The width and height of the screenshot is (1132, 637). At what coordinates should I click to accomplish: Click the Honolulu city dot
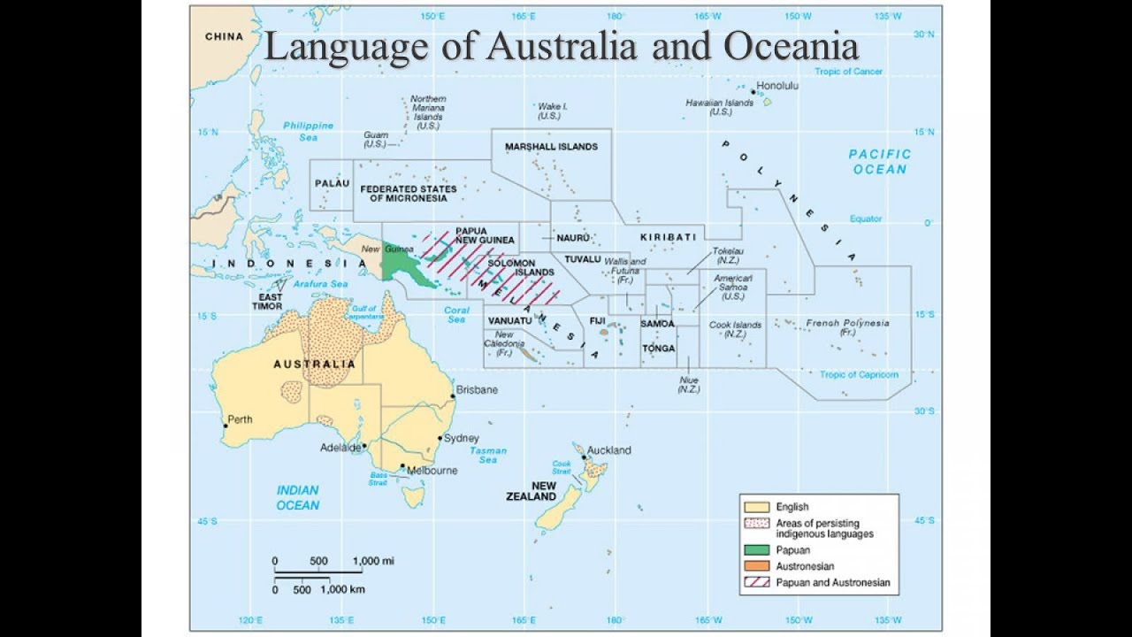[x=753, y=91]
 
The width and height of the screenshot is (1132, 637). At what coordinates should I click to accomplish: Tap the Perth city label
[x=240, y=419]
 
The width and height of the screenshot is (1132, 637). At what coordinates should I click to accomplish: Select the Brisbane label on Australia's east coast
[x=477, y=389]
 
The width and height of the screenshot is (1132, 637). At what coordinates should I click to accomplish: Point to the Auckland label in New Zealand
[x=608, y=449]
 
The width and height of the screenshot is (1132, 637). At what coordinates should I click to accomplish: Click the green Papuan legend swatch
[x=756, y=550]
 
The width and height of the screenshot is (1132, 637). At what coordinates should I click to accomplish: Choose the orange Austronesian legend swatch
[x=756, y=566]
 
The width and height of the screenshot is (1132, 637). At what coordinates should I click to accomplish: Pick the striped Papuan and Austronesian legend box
[x=756, y=583]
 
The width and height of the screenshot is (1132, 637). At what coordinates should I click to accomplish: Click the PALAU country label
[x=332, y=182]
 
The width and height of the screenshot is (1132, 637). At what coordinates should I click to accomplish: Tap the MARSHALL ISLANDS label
[x=551, y=147]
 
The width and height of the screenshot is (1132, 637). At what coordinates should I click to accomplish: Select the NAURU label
[x=573, y=238]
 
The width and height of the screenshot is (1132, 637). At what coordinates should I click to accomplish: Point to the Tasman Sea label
[x=488, y=455]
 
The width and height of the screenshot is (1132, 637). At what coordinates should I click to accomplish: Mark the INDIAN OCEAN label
[x=298, y=497]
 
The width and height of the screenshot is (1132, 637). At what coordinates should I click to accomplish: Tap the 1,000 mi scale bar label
[x=373, y=561]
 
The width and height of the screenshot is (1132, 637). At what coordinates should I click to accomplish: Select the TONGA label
[x=659, y=349]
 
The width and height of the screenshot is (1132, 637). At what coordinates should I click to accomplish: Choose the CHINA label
[x=223, y=36]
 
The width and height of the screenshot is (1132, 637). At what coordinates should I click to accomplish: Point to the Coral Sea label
[x=456, y=315]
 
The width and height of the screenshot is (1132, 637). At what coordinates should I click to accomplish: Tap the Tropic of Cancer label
[x=849, y=72]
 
